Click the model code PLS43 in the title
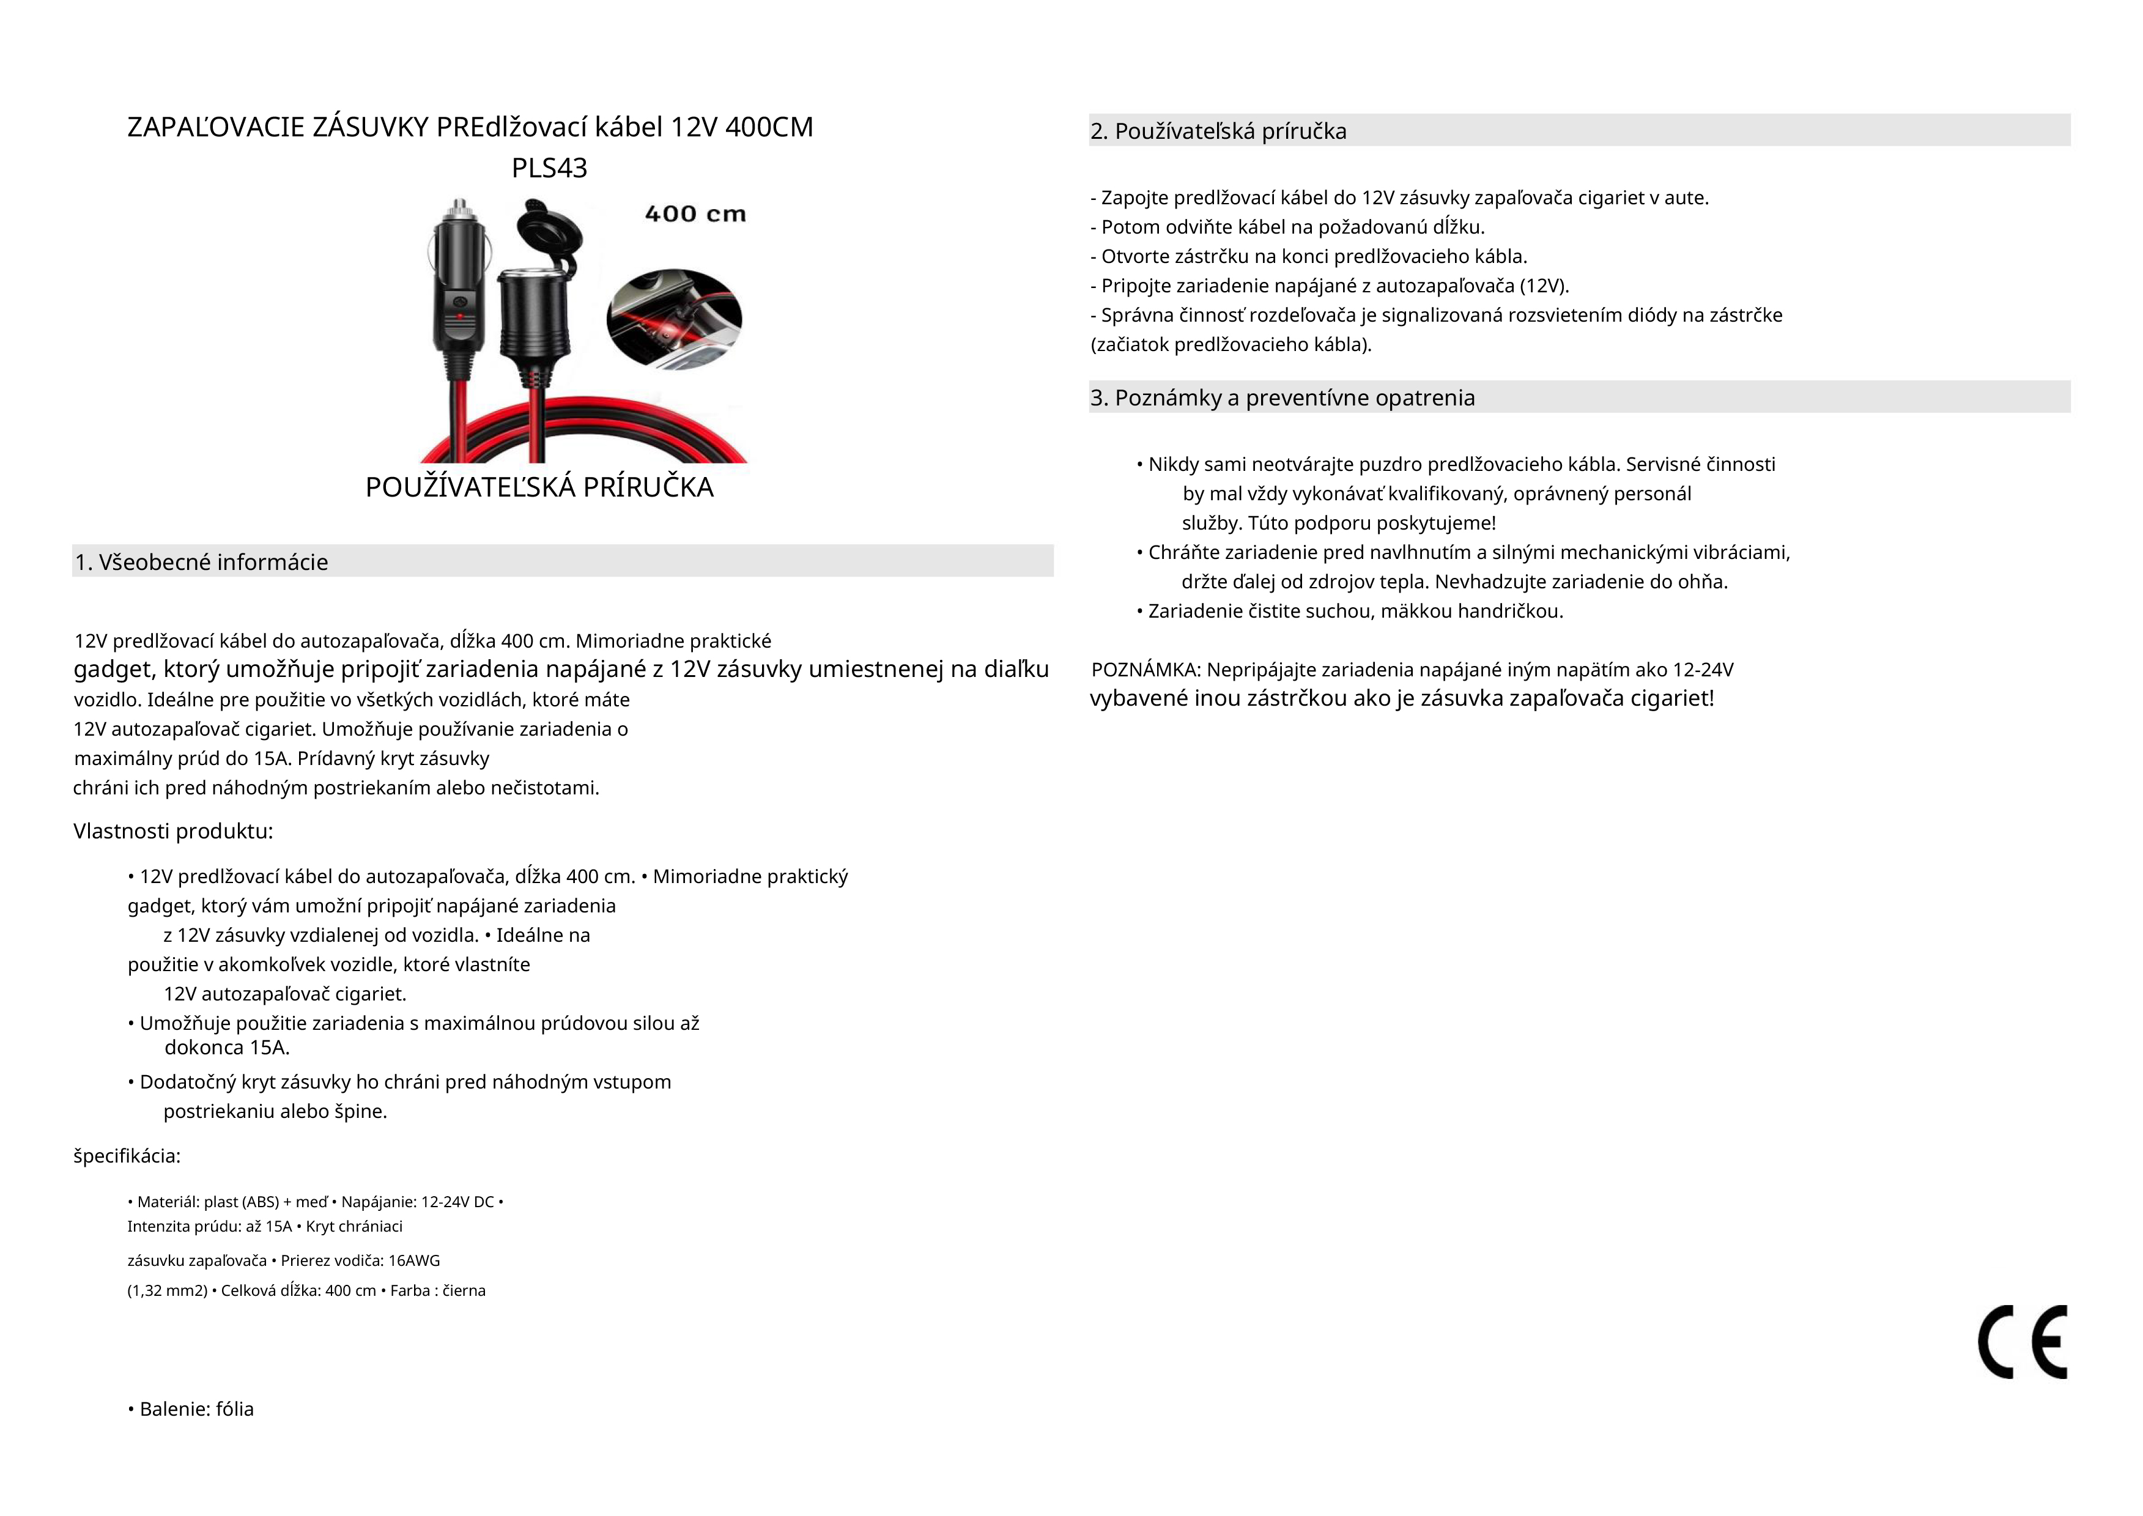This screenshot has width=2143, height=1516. click(549, 168)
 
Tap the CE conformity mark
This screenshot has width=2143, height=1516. click(2022, 1342)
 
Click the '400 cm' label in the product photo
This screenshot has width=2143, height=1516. click(695, 214)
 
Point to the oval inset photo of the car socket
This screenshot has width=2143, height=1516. click(674, 319)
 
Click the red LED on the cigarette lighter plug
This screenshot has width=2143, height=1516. click(459, 317)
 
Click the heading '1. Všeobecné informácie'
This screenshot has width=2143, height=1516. click(202, 562)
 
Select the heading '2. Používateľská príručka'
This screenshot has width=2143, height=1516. click(1218, 131)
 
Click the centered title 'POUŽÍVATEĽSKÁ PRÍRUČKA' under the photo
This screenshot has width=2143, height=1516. click(539, 487)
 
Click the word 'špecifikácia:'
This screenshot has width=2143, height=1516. click(127, 1156)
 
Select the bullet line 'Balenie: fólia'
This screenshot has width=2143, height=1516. click(192, 1408)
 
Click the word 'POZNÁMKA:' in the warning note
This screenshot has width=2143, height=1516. click(1146, 669)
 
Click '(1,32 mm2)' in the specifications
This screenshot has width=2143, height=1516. click(167, 1290)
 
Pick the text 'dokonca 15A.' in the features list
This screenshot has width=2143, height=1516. click(227, 1048)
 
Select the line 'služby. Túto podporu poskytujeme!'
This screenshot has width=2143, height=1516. click(1338, 523)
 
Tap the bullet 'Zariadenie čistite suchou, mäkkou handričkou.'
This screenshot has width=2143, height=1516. click(1350, 612)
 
